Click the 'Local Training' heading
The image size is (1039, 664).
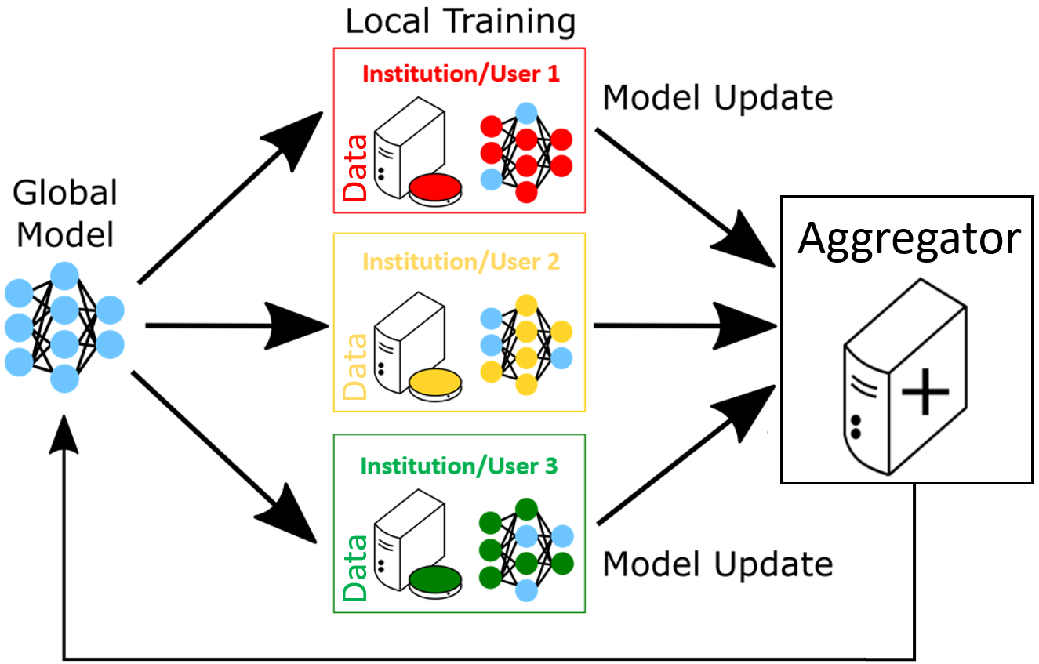pyautogui.click(x=460, y=22)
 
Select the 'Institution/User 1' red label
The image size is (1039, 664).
pyautogui.click(x=461, y=74)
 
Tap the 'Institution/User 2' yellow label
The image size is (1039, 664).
pyautogui.click(x=461, y=261)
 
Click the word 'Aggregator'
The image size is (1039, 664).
pyautogui.click(x=909, y=238)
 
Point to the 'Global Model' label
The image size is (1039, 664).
pyautogui.click(x=66, y=213)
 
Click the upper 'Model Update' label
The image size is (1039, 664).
pyautogui.click(x=717, y=98)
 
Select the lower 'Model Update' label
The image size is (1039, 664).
pyautogui.click(x=717, y=564)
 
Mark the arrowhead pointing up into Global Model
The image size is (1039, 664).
pyautogui.click(x=64, y=443)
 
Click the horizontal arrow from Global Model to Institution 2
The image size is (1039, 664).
pyautogui.click(x=235, y=325)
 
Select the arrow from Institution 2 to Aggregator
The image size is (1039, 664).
pyautogui.click(x=682, y=325)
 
